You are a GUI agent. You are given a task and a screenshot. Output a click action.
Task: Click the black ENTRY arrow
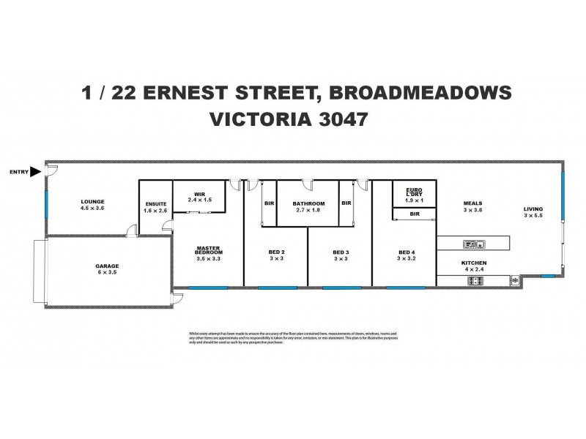(x=37, y=172)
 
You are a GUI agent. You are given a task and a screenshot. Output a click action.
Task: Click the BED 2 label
(x=275, y=252)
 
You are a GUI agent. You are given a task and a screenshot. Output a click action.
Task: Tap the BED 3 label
(x=339, y=252)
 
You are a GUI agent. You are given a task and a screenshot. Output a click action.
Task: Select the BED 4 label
(x=404, y=252)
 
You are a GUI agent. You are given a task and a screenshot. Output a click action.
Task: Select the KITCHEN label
(x=473, y=263)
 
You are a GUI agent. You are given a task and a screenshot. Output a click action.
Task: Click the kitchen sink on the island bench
(x=470, y=244)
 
